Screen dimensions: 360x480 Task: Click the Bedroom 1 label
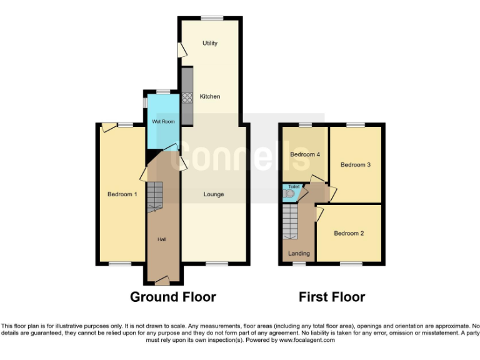pos(122,194)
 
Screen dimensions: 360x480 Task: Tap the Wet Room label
pos(164,121)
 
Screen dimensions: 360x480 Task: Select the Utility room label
pos(210,43)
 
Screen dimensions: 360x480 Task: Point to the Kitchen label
pos(210,96)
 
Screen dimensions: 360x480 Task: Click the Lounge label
pos(214,194)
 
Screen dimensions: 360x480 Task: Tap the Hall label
pos(161,239)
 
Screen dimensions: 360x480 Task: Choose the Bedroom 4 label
pos(305,154)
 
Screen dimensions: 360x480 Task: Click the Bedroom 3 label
pos(356,165)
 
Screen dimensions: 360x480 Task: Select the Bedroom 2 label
pos(349,233)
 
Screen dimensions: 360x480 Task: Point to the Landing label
pos(299,253)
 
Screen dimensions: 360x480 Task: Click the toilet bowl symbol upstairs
pos(289,194)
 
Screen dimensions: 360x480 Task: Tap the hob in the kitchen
pos(186,97)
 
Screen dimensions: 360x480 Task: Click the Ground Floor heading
pos(172,297)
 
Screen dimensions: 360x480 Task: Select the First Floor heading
pos(332,297)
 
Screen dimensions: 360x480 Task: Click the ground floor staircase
pos(154,197)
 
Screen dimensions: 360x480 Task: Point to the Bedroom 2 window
pos(351,264)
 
